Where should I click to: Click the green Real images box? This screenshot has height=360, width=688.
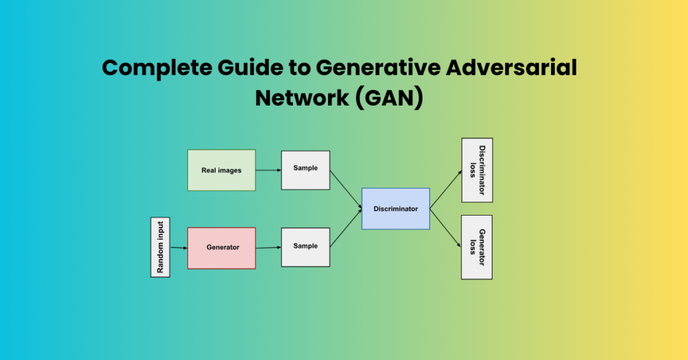pos(221,170)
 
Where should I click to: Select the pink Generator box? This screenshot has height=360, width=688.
pos(221,248)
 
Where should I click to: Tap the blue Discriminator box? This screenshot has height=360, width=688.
pos(395,209)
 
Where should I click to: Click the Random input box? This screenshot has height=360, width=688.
pos(160,247)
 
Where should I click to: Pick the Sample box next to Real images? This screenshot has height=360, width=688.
pos(305,170)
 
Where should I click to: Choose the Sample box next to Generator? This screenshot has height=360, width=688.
pos(305,247)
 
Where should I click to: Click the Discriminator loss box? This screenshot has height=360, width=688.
pos(477,170)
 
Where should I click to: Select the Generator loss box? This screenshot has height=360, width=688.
pos(477,247)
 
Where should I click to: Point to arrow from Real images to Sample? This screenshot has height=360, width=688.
pos(268,170)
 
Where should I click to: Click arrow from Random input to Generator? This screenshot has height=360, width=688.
pos(179,248)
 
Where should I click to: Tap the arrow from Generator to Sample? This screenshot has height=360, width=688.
pos(268,247)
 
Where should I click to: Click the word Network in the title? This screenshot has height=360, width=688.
pos(300,97)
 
